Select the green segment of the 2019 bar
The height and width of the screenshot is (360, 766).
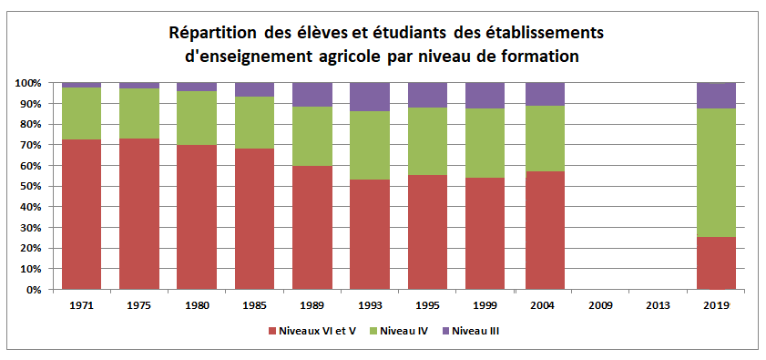click(716, 172)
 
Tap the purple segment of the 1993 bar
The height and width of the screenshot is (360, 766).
click(370, 97)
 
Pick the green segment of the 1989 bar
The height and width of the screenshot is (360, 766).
click(312, 136)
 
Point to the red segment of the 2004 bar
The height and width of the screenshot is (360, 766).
click(543, 231)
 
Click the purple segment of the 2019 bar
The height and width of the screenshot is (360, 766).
click(716, 95)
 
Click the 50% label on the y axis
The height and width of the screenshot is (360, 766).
click(30, 186)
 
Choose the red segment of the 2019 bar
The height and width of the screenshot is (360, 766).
click(716, 263)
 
